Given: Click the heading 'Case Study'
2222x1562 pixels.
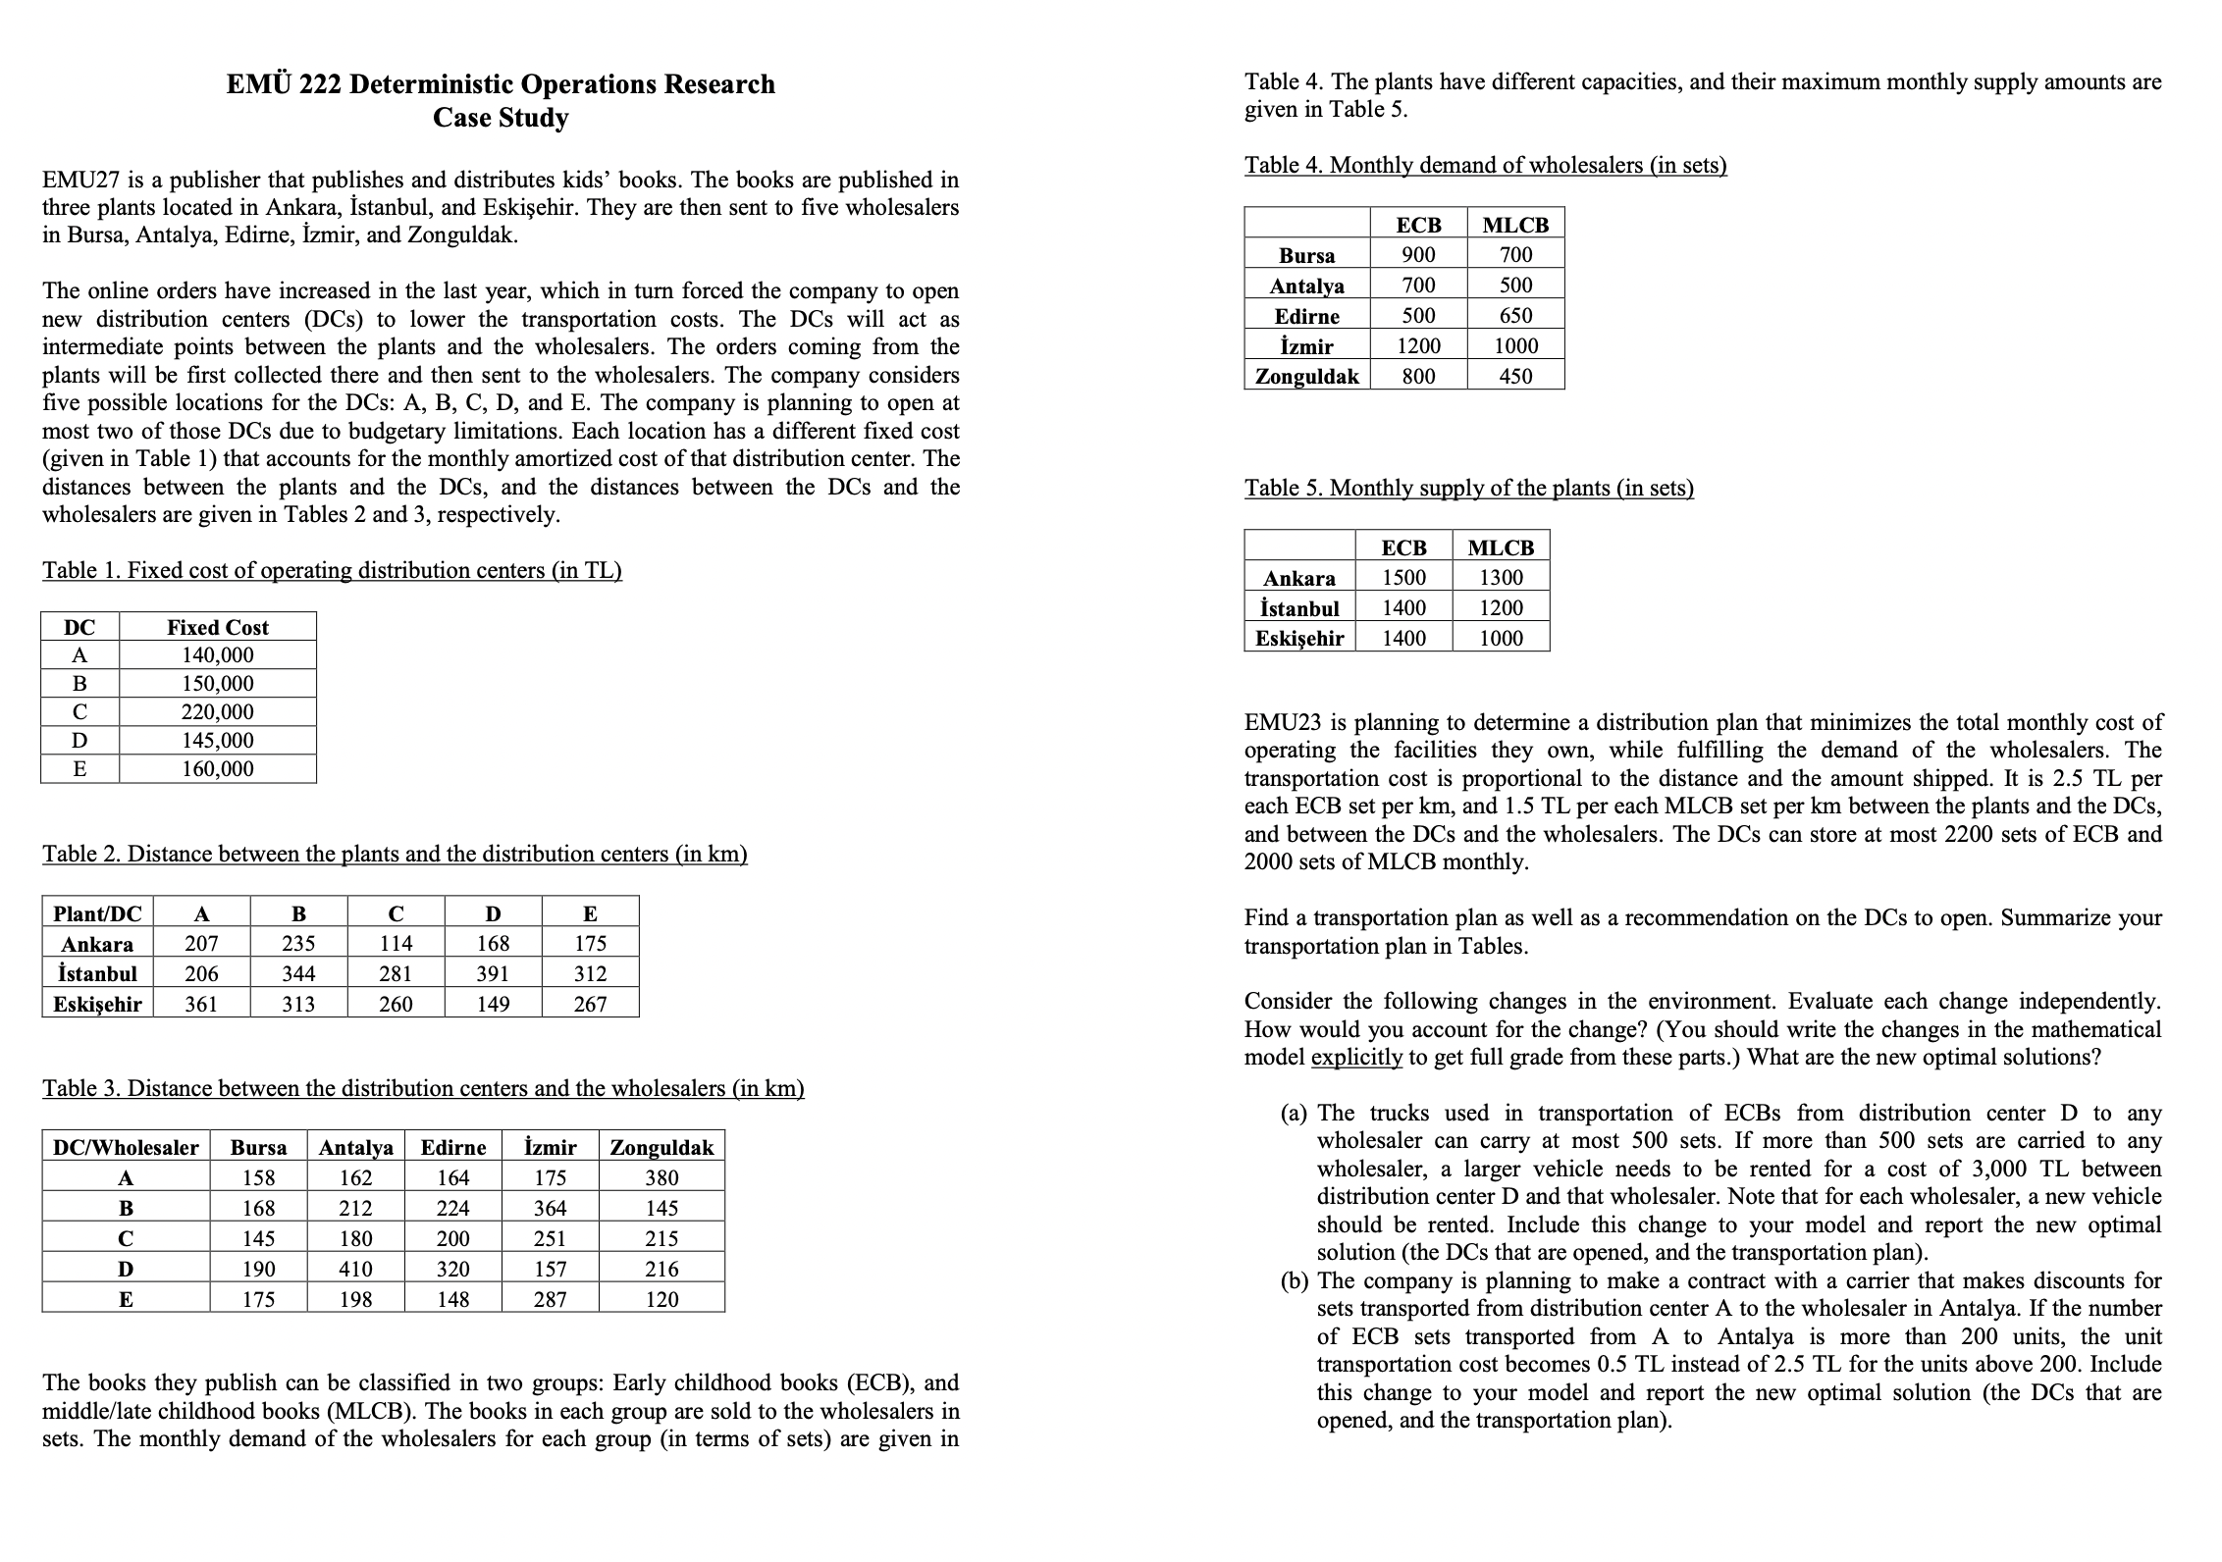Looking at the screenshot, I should point(501,118).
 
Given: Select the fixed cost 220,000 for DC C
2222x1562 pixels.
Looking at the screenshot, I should point(217,712).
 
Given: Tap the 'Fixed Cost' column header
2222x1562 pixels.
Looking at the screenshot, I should point(217,627).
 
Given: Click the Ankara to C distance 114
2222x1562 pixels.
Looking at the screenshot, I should point(396,944).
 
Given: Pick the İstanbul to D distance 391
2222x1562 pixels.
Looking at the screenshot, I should point(493,974).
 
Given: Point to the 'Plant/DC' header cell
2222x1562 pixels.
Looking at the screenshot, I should point(97,914).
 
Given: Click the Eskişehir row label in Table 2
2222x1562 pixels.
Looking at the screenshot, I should point(97,1005).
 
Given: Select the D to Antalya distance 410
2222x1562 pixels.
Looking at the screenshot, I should point(355,1270).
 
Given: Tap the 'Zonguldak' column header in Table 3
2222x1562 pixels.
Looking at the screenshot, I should point(661,1148).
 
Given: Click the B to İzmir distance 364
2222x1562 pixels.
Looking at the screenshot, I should point(550,1209).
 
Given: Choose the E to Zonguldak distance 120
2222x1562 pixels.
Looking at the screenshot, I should point(661,1300).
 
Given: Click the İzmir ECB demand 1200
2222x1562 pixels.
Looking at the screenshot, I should point(1418,346).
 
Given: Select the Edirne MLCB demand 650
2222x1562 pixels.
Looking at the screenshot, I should point(1515,316).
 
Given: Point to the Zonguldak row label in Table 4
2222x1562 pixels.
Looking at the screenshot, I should point(1307,377).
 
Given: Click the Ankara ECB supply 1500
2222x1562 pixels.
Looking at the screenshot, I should point(1403,578).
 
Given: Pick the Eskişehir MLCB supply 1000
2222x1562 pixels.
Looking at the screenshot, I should point(1501,639).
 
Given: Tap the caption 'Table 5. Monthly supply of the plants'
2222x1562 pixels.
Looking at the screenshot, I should point(1468,489).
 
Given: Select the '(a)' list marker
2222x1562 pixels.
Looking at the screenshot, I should point(1295,1114).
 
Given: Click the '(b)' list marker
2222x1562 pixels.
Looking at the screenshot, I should point(1295,1281).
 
